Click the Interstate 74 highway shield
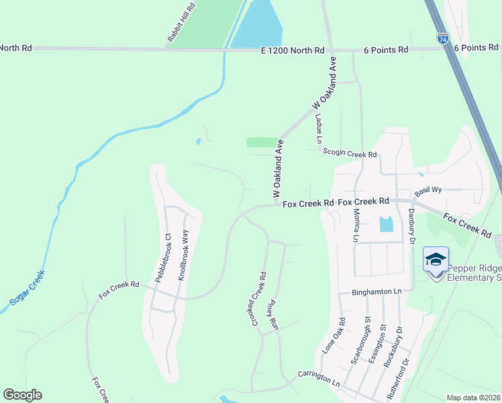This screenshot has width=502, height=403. [442, 38]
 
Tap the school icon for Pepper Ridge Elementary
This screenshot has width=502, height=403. [436, 260]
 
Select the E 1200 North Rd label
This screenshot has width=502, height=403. [293, 50]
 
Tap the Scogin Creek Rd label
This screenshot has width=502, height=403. [350, 154]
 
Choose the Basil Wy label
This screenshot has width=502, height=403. [428, 191]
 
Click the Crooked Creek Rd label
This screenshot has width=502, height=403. [260, 299]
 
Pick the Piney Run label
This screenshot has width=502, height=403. [274, 314]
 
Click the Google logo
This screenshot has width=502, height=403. [22, 395]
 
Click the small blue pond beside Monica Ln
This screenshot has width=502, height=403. [386, 224]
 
